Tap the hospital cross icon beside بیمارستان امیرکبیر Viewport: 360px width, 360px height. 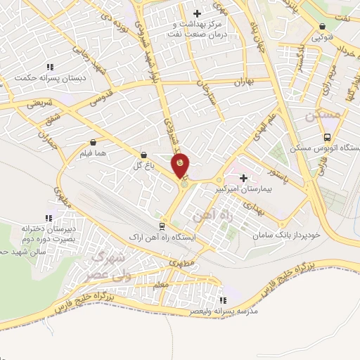[244, 179]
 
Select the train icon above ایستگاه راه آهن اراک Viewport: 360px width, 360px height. [162, 226]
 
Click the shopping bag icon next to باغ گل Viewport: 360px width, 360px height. [144, 155]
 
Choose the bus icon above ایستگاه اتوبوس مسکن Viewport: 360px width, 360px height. [327, 137]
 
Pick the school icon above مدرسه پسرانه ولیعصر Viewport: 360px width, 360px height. [224, 300]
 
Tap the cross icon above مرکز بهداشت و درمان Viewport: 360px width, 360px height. [198, 13]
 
